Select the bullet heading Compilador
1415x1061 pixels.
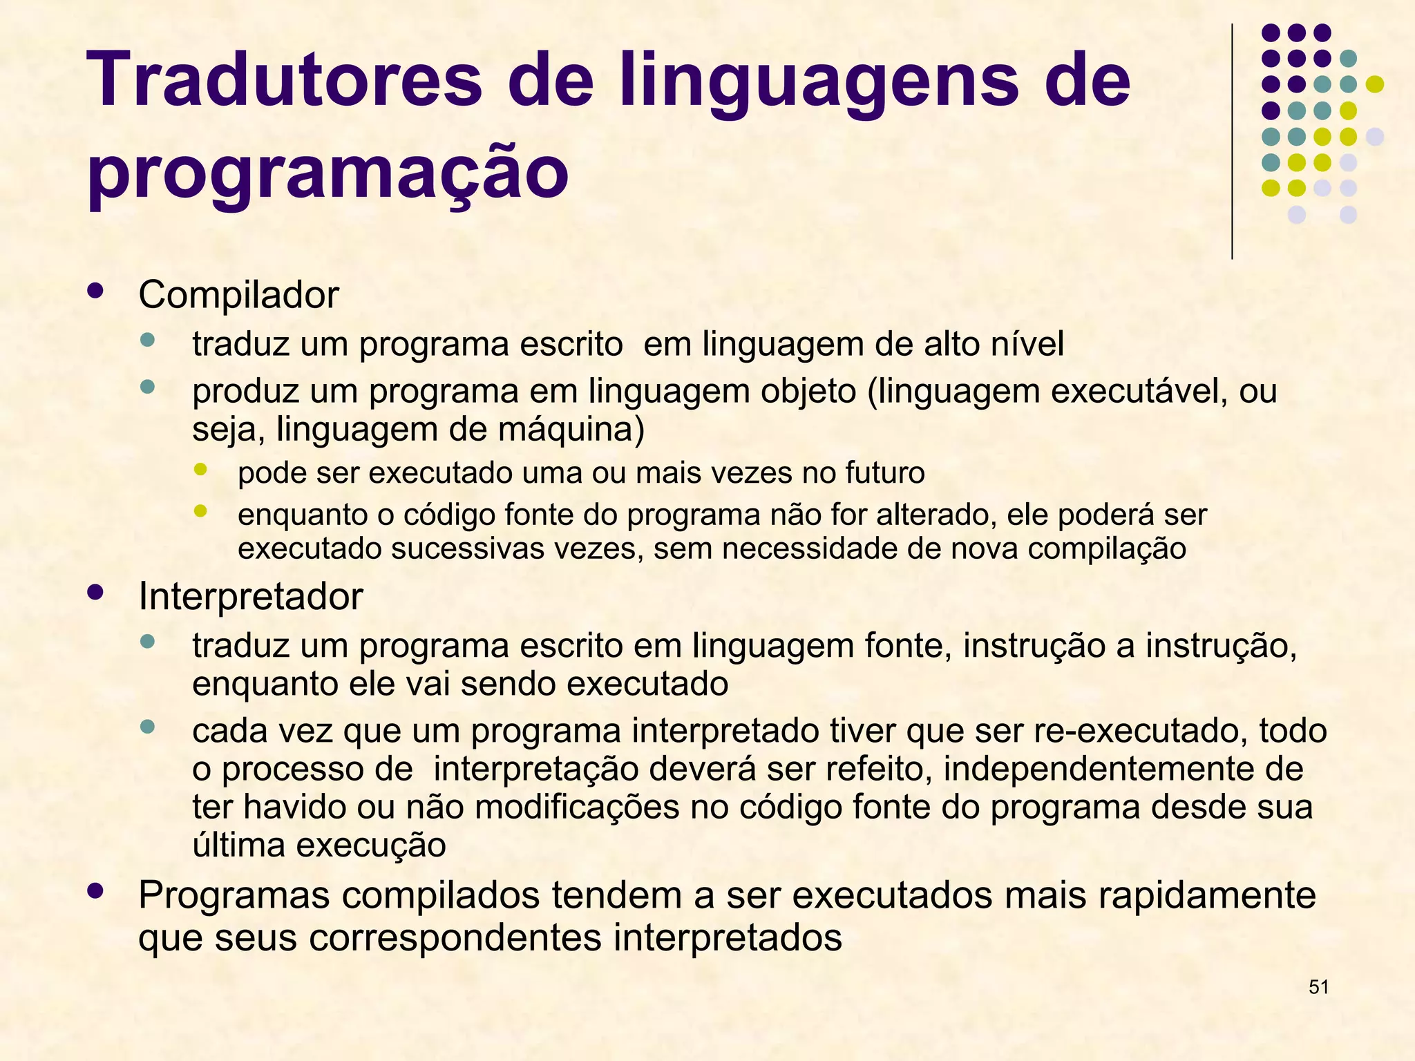[238, 295]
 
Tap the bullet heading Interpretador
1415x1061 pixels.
[250, 596]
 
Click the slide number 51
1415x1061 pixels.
[1318, 987]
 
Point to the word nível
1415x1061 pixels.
[1027, 344]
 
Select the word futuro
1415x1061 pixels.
[884, 473]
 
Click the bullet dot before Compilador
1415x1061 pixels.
[95, 291]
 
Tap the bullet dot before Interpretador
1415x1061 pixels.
[95, 592]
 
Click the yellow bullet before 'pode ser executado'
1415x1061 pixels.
[200, 470]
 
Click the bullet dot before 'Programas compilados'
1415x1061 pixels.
[95, 891]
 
